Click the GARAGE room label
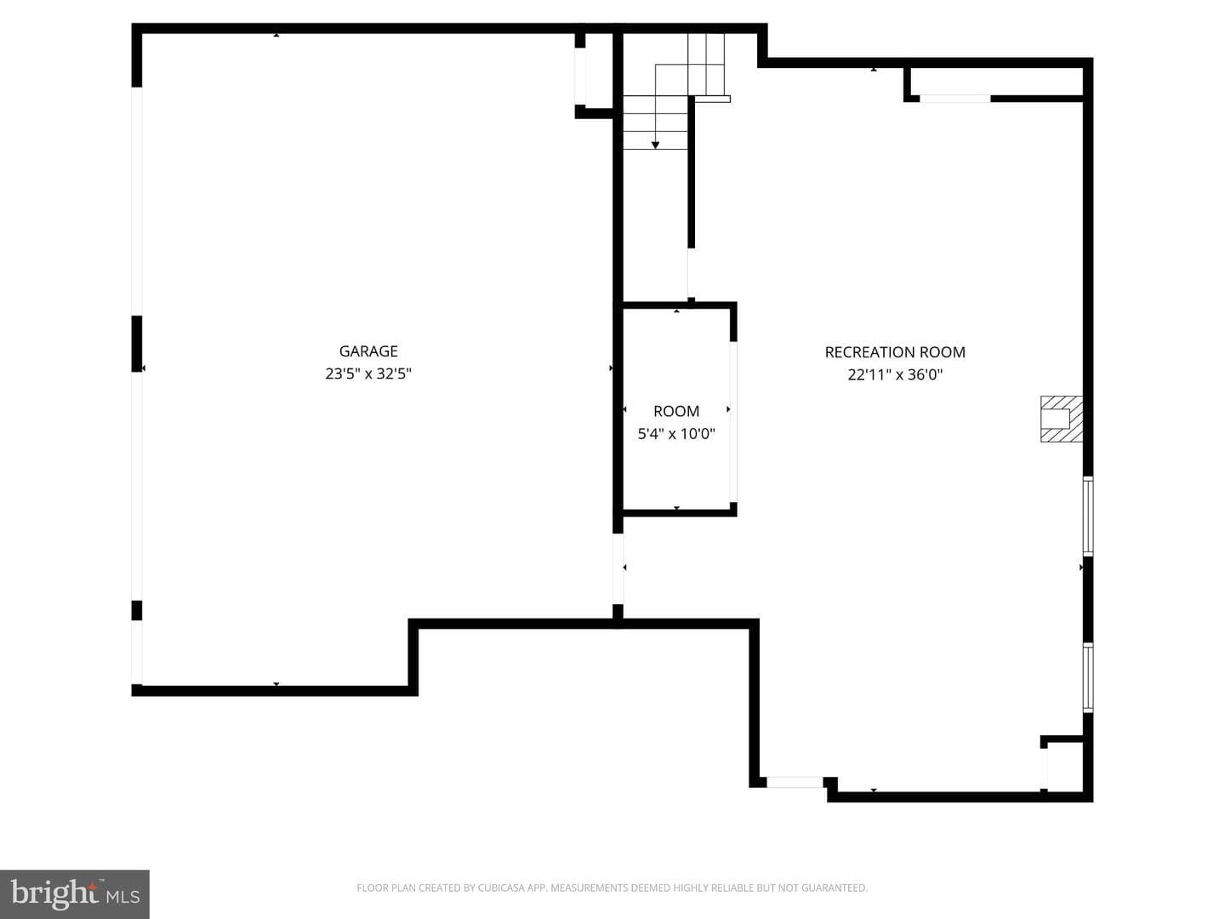coord(368,351)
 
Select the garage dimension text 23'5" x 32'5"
coord(368,374)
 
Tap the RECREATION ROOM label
coord(895,352)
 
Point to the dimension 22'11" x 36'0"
coord(895,374)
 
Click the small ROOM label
coord(675,411)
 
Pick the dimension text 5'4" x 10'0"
coord(675,434)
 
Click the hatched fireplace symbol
coord(1062,419)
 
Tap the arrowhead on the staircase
coord(655,146)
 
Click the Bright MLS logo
coord(75,894)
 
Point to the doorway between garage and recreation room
coord(618,568)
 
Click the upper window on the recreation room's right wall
coord(1088,517)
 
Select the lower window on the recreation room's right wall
coord(1088,677)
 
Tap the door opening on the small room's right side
coord(733,422)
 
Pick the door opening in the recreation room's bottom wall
coord(795,782)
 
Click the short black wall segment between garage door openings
coord(137,344)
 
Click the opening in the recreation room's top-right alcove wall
coord(954,99)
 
